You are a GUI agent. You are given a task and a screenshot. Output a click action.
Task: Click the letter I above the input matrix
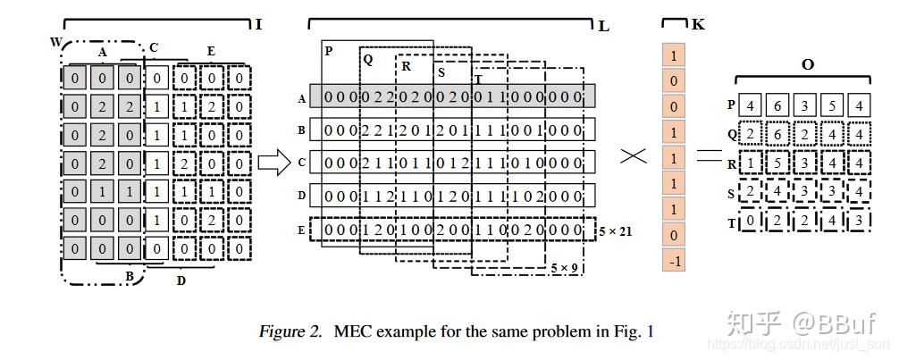tap(259, 24)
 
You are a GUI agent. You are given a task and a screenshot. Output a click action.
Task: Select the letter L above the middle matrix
tap(604, 25)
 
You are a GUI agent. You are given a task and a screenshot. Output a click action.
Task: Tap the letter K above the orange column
tap(698, 24)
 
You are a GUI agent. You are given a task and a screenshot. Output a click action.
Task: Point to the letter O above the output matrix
tap(808, 65)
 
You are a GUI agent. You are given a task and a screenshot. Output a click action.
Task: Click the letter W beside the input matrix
tap(56, 42)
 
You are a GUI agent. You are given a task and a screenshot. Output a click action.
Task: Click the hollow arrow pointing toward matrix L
tap(273, 163)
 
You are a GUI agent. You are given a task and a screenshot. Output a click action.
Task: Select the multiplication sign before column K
tap(634, 156)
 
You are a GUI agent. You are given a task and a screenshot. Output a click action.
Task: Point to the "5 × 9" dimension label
tap(564, 266)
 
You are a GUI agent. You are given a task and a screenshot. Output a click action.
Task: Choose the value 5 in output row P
tap(832, 106)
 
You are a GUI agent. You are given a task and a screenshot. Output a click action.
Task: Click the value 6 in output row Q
tap(779, 136)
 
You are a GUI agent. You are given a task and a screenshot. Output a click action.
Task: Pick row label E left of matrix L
tap(302, 228)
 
